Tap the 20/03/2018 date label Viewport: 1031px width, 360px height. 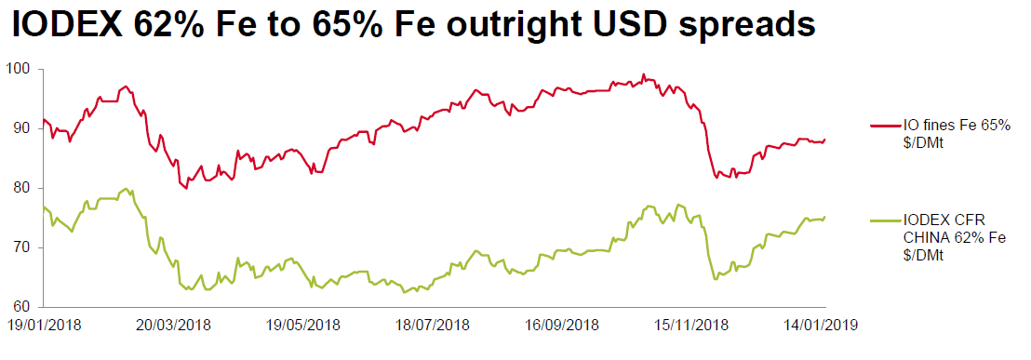pyautogui.click(x=173, y=325)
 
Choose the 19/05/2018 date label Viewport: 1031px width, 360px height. pyautogui.click(x=303, y=325)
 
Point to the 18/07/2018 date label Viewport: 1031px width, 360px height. pyautogui.click(x=434, y=325)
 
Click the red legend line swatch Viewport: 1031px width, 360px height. pyautogui.click(x=885, y=125)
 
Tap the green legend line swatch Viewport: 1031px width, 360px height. pyautogui.click(x=885, y=220)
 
